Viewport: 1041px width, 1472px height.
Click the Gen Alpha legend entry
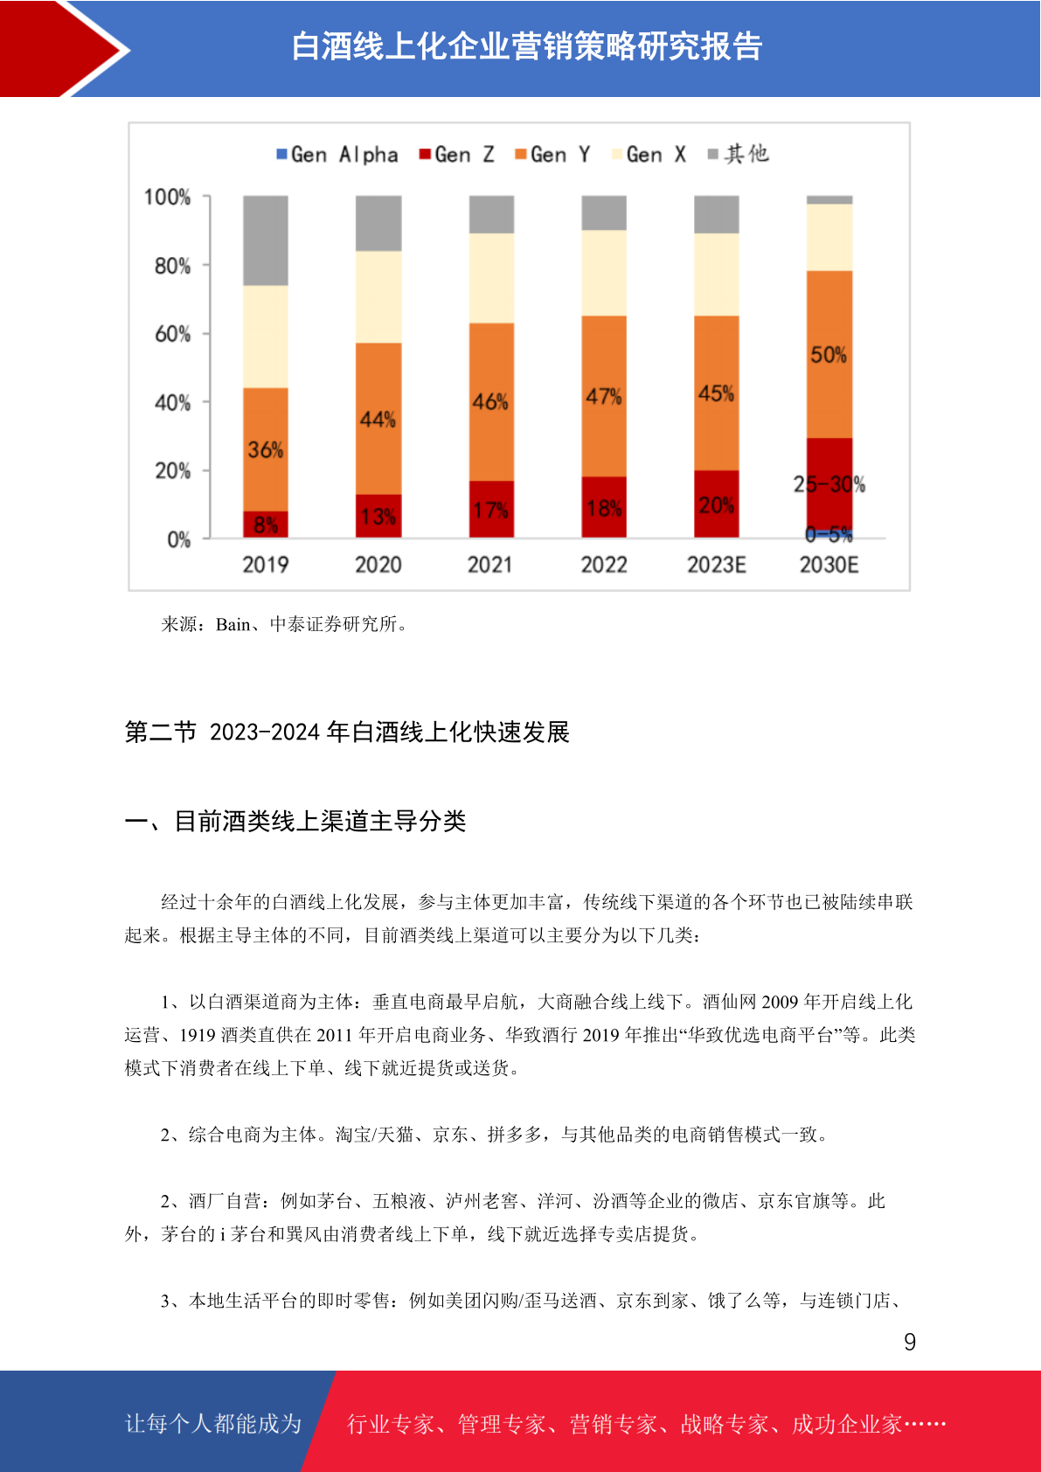(337, 155)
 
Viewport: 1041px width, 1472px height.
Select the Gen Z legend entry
(457, 155)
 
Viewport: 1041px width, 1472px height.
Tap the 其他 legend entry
(738, 155)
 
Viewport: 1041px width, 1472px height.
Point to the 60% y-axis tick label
(173, 334)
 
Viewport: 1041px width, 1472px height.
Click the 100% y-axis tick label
(168, 197)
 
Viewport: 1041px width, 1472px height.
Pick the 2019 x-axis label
(266, 565)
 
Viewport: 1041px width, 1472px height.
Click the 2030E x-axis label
(829, 565)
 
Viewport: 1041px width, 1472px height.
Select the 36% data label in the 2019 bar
(266, 450)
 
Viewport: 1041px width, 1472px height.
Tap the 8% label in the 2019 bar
(266, 525)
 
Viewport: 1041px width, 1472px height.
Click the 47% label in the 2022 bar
(604, 396)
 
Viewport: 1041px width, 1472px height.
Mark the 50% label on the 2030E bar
(829, 355)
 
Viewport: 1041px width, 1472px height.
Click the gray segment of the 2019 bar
(266, 240)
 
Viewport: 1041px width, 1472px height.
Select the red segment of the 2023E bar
(717, 504)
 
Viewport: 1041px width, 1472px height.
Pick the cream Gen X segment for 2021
(491, 278)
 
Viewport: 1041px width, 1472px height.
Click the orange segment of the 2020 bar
(378, 419)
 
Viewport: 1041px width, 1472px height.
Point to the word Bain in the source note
(232, 624)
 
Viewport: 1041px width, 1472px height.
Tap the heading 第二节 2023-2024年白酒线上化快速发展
(347, 732)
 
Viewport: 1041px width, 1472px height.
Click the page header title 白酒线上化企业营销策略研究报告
(527, 46)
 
